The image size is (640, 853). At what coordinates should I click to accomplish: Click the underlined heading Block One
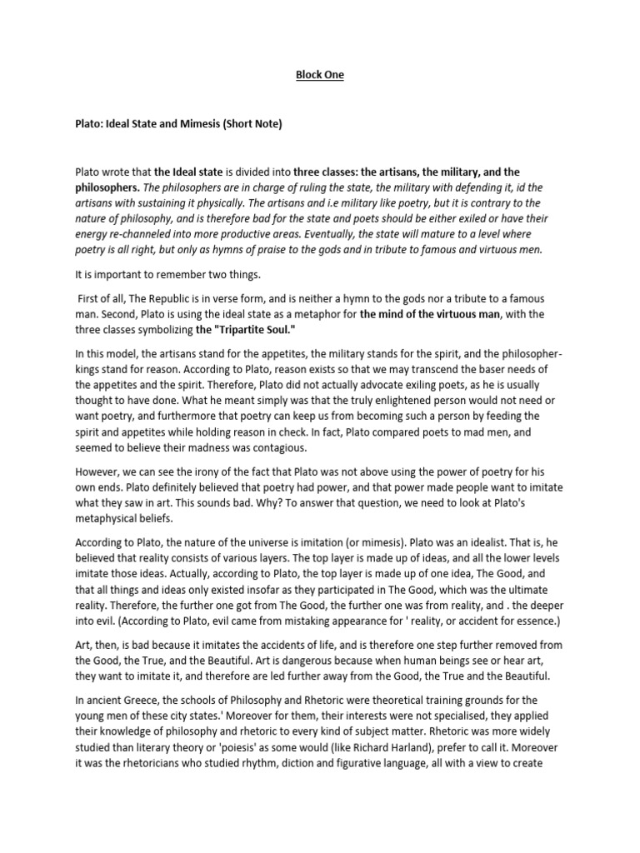320,75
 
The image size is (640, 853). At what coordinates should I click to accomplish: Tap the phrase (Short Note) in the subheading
248,125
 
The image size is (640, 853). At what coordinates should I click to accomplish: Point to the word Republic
167,298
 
